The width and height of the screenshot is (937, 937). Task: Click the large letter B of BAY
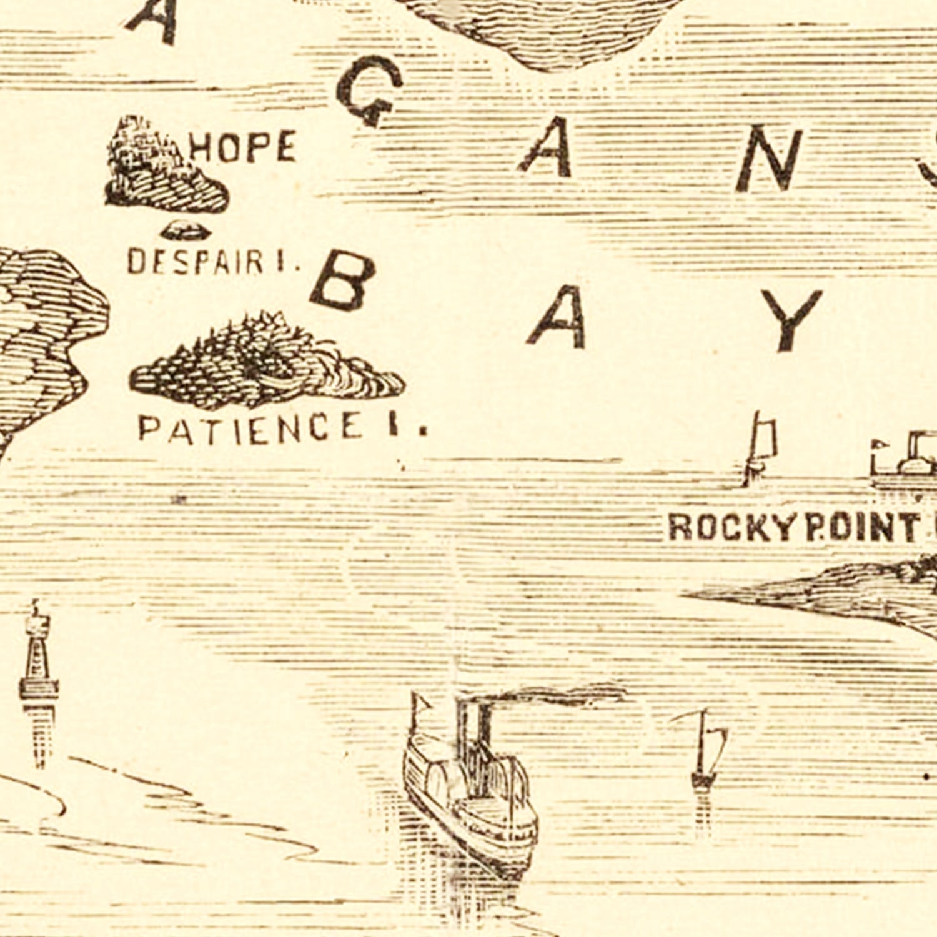point(343,280)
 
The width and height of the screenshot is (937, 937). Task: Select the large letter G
point(369,91)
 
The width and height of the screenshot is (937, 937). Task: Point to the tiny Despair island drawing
point(186,232)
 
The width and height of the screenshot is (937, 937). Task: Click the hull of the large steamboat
point(475,825)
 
